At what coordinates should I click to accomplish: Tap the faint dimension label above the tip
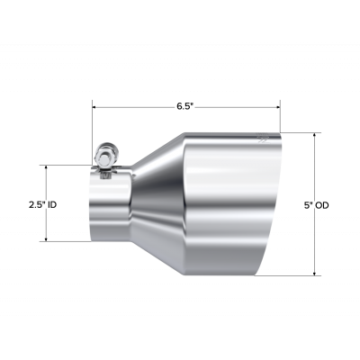(184, 107)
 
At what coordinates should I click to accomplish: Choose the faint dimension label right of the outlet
(317, 205)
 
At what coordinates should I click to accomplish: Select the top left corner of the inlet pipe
(90, 174)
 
